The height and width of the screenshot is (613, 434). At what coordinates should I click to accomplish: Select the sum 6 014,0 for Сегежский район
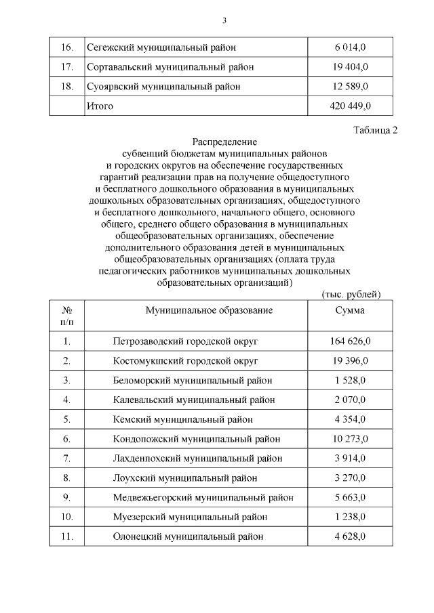coord(349,47)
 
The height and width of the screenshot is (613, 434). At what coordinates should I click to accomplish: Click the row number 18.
coord(66,87)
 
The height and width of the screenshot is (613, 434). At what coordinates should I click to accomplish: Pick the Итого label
coord(100,106)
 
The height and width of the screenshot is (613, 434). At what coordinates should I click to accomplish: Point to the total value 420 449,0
coord(349,106)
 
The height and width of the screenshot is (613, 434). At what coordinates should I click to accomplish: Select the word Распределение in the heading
coord(224,142)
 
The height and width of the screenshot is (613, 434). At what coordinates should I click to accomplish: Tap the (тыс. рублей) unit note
coord(351,294)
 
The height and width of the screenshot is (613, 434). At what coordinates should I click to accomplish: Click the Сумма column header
coord(349,310)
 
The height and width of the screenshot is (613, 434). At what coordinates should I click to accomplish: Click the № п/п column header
coord(66,316)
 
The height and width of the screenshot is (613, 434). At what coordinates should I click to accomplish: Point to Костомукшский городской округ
coord(186,360)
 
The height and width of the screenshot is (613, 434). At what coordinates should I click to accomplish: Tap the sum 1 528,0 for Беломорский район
coord(349,380)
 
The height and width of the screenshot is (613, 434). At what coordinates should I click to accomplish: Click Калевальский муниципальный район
coord(194,400)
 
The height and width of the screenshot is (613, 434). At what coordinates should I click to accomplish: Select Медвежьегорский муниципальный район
coord(203,498)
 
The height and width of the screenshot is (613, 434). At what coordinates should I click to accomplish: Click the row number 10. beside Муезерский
coord(66,517)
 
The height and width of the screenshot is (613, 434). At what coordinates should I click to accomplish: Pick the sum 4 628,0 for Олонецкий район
coord(349,537)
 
